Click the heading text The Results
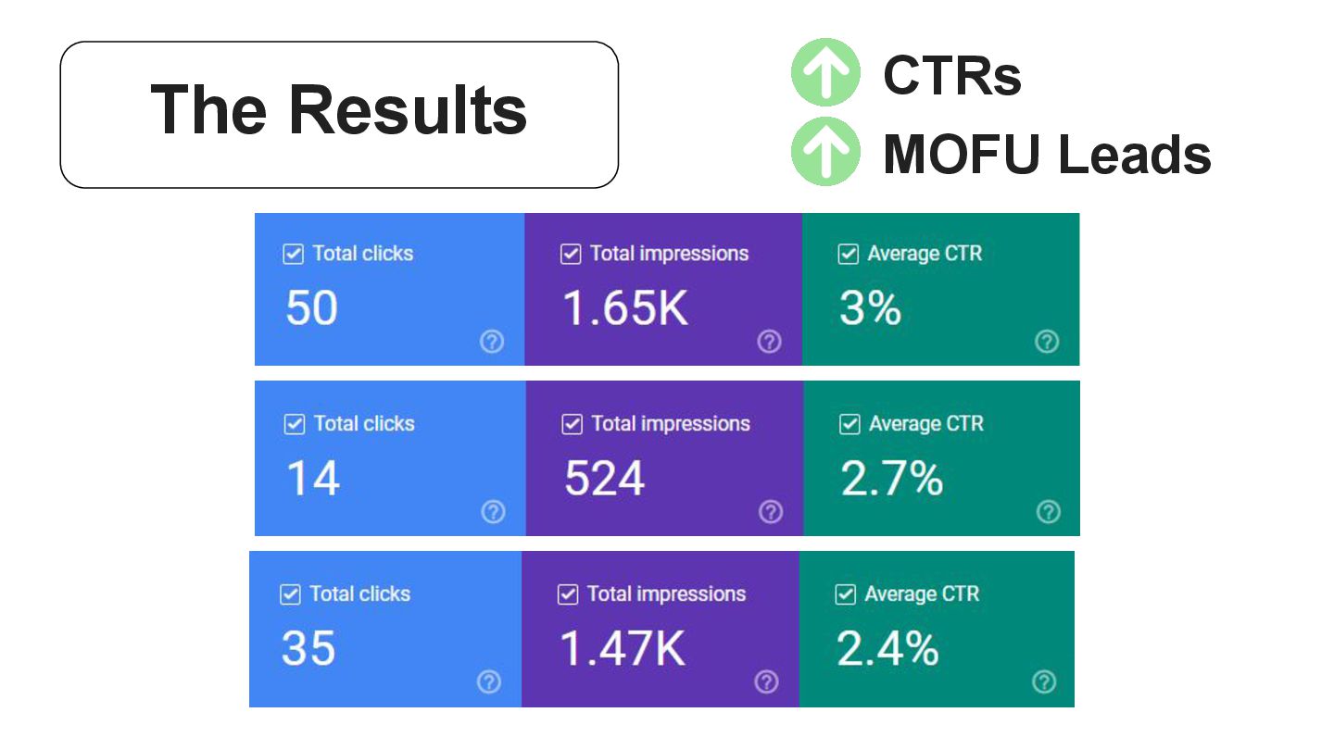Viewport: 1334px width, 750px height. tap(339, 110)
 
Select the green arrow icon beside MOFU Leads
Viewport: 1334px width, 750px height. tap(825, 151)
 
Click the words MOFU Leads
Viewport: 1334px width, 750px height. tap(1047, 154)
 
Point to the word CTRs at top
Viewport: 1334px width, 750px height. tap(952, 75)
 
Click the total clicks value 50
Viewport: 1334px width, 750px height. tap(311, 307)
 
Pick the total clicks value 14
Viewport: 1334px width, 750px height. tap(313, 479)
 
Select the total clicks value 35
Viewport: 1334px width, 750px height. tap(308, 648)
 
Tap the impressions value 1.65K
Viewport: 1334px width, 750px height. tap(626, 307)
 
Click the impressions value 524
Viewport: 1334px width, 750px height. tap(604, 479)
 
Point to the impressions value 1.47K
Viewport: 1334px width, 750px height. tap(623, 648)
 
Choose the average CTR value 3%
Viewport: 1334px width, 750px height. tap(870, 307)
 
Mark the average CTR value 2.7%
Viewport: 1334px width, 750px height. tap(891, 479)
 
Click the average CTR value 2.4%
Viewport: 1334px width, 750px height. tap(887, 648)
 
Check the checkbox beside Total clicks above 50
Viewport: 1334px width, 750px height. tap(294, 254)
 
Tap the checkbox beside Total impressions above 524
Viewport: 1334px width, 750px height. tap(573, 424)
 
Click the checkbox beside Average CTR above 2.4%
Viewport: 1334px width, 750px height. tap(845, 594)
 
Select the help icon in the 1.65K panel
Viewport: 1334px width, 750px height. tap(769, 342)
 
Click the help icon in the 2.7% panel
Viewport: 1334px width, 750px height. tap(1048, 512)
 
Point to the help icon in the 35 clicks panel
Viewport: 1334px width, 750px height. tap(489, 682)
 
